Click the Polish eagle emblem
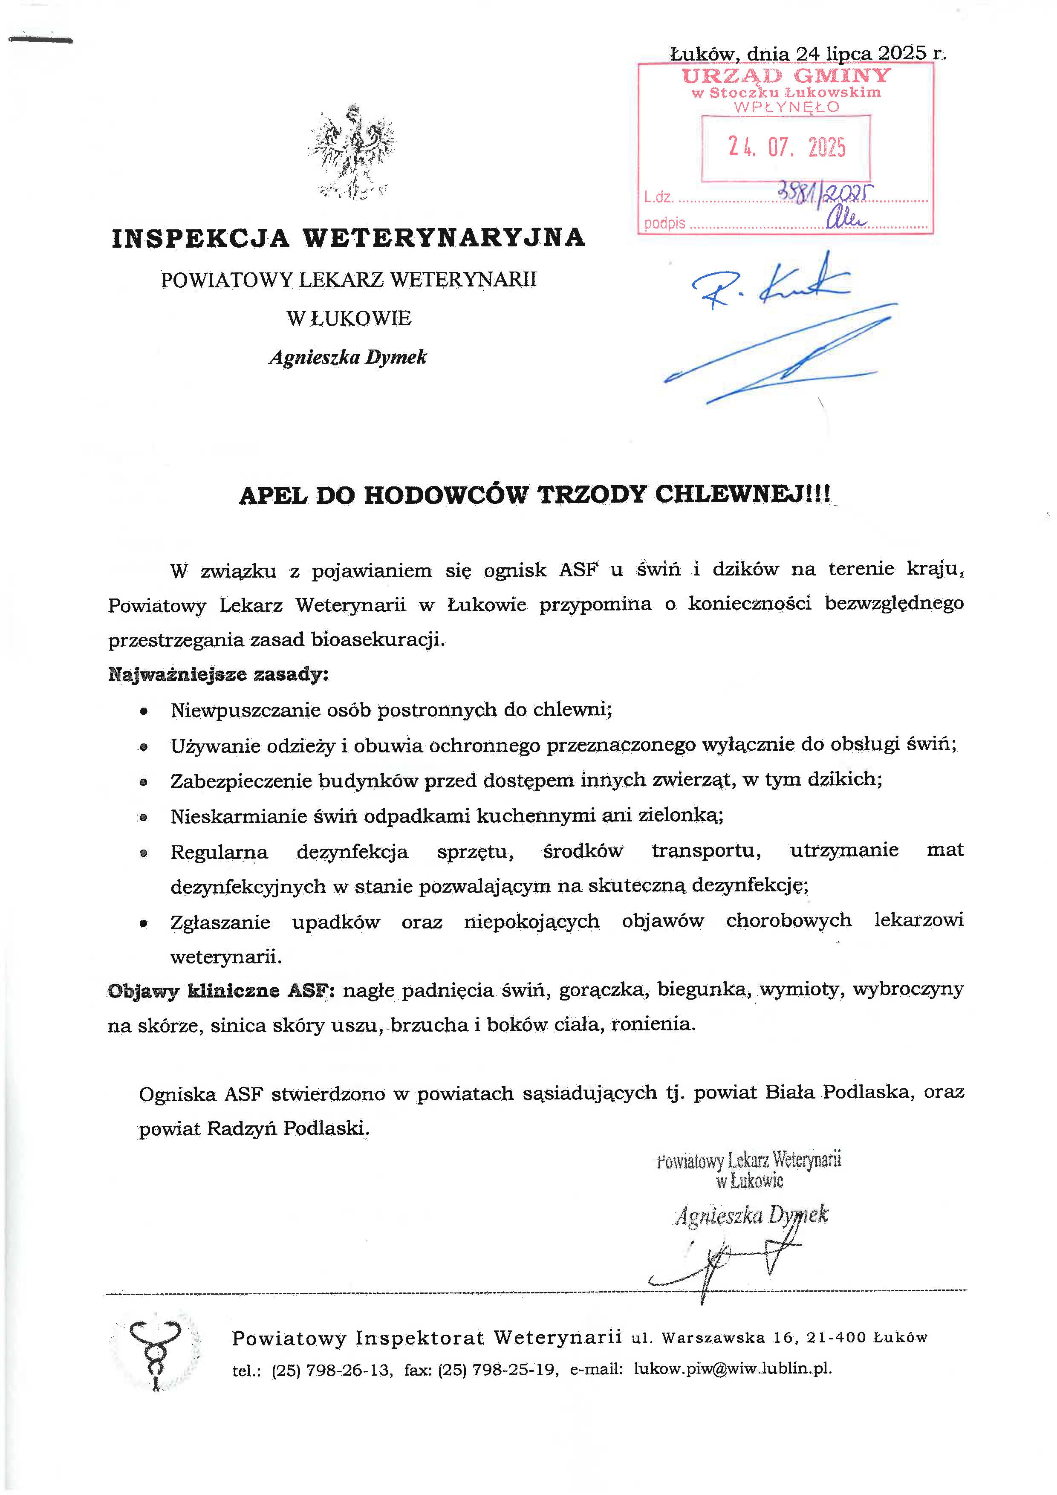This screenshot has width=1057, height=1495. [x=352, y=151]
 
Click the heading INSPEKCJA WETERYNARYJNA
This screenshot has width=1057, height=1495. [x=348, y=238]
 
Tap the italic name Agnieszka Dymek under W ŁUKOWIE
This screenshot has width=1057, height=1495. [x=348, y=358]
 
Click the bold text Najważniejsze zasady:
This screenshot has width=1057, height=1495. [x=218, y=674]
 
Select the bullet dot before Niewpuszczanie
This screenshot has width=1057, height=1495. [x=144, y=711]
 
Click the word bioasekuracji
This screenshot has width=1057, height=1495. [x=378, y=639]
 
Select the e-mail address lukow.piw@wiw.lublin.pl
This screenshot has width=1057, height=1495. [x=733, y=1369]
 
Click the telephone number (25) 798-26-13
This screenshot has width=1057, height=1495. [x=332, y=1369]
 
